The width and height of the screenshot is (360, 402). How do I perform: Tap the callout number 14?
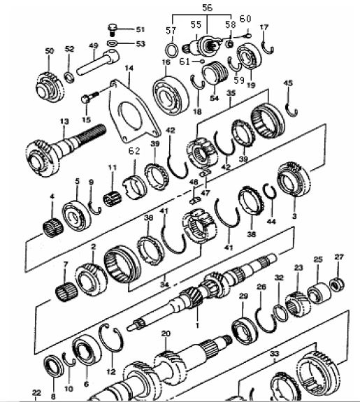tap(129, 69)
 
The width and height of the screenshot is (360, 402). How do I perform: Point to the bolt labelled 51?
tap(114, 29)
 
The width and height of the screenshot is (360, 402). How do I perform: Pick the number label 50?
tap(49, 51)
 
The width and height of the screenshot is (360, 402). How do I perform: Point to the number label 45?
tap(288, 84)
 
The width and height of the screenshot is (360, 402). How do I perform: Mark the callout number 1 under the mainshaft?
tap(198, 326)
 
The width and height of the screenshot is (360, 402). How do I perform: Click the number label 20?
tap(165, 334)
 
